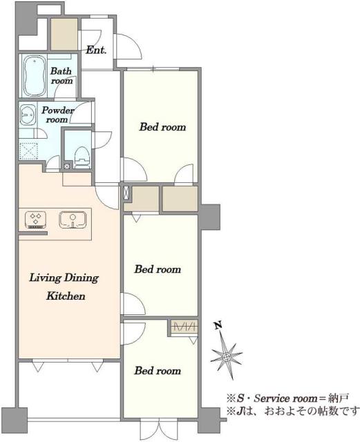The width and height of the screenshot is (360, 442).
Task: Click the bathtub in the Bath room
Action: coord(35,76)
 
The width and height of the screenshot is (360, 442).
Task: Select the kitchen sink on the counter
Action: coord(73,220)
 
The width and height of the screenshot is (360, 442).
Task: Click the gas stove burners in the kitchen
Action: coord(36,220)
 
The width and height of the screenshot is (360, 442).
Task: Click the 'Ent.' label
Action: coord(96,50)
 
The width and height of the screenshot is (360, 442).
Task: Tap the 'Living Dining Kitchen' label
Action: coord(64,287)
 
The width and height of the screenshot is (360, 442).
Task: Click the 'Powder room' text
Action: coord(58,115)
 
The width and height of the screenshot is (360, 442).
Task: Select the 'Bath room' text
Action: coord(61,75)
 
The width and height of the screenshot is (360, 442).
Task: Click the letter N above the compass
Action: coord(218,325)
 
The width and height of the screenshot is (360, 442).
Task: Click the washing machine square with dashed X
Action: coord(28,151)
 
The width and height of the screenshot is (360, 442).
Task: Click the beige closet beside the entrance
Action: coord(64,35)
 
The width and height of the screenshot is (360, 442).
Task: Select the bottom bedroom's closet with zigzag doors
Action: coord(184,327)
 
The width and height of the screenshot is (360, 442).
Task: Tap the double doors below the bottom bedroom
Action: coord(160,429)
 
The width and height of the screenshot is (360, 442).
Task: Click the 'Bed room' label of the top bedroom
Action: coord(163,127)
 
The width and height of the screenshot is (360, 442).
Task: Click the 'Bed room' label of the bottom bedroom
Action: coord(158,371)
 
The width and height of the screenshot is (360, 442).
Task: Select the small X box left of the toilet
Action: coord(67,166)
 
